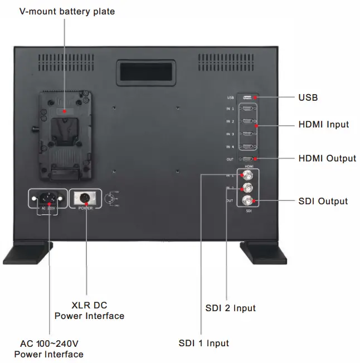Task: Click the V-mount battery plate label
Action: tap(67, 11)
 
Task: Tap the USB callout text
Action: tap(308, 98)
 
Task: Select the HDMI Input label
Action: tap(323, 124)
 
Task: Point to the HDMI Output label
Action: tap(327, 158)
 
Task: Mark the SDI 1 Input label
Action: tap(203, 343)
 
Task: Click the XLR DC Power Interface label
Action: tap(89, 311)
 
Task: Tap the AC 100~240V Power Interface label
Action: tap(49, 349)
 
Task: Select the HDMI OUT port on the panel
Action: tap(247, 159)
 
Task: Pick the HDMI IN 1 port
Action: tap(247, 109)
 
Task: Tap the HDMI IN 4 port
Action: tap(247, 146)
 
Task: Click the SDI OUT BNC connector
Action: tap(246, 200)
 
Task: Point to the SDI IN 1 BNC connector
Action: tap(246, 176)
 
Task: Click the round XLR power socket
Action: tap(86, 198)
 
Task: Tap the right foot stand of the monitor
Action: tap(262, 253)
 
